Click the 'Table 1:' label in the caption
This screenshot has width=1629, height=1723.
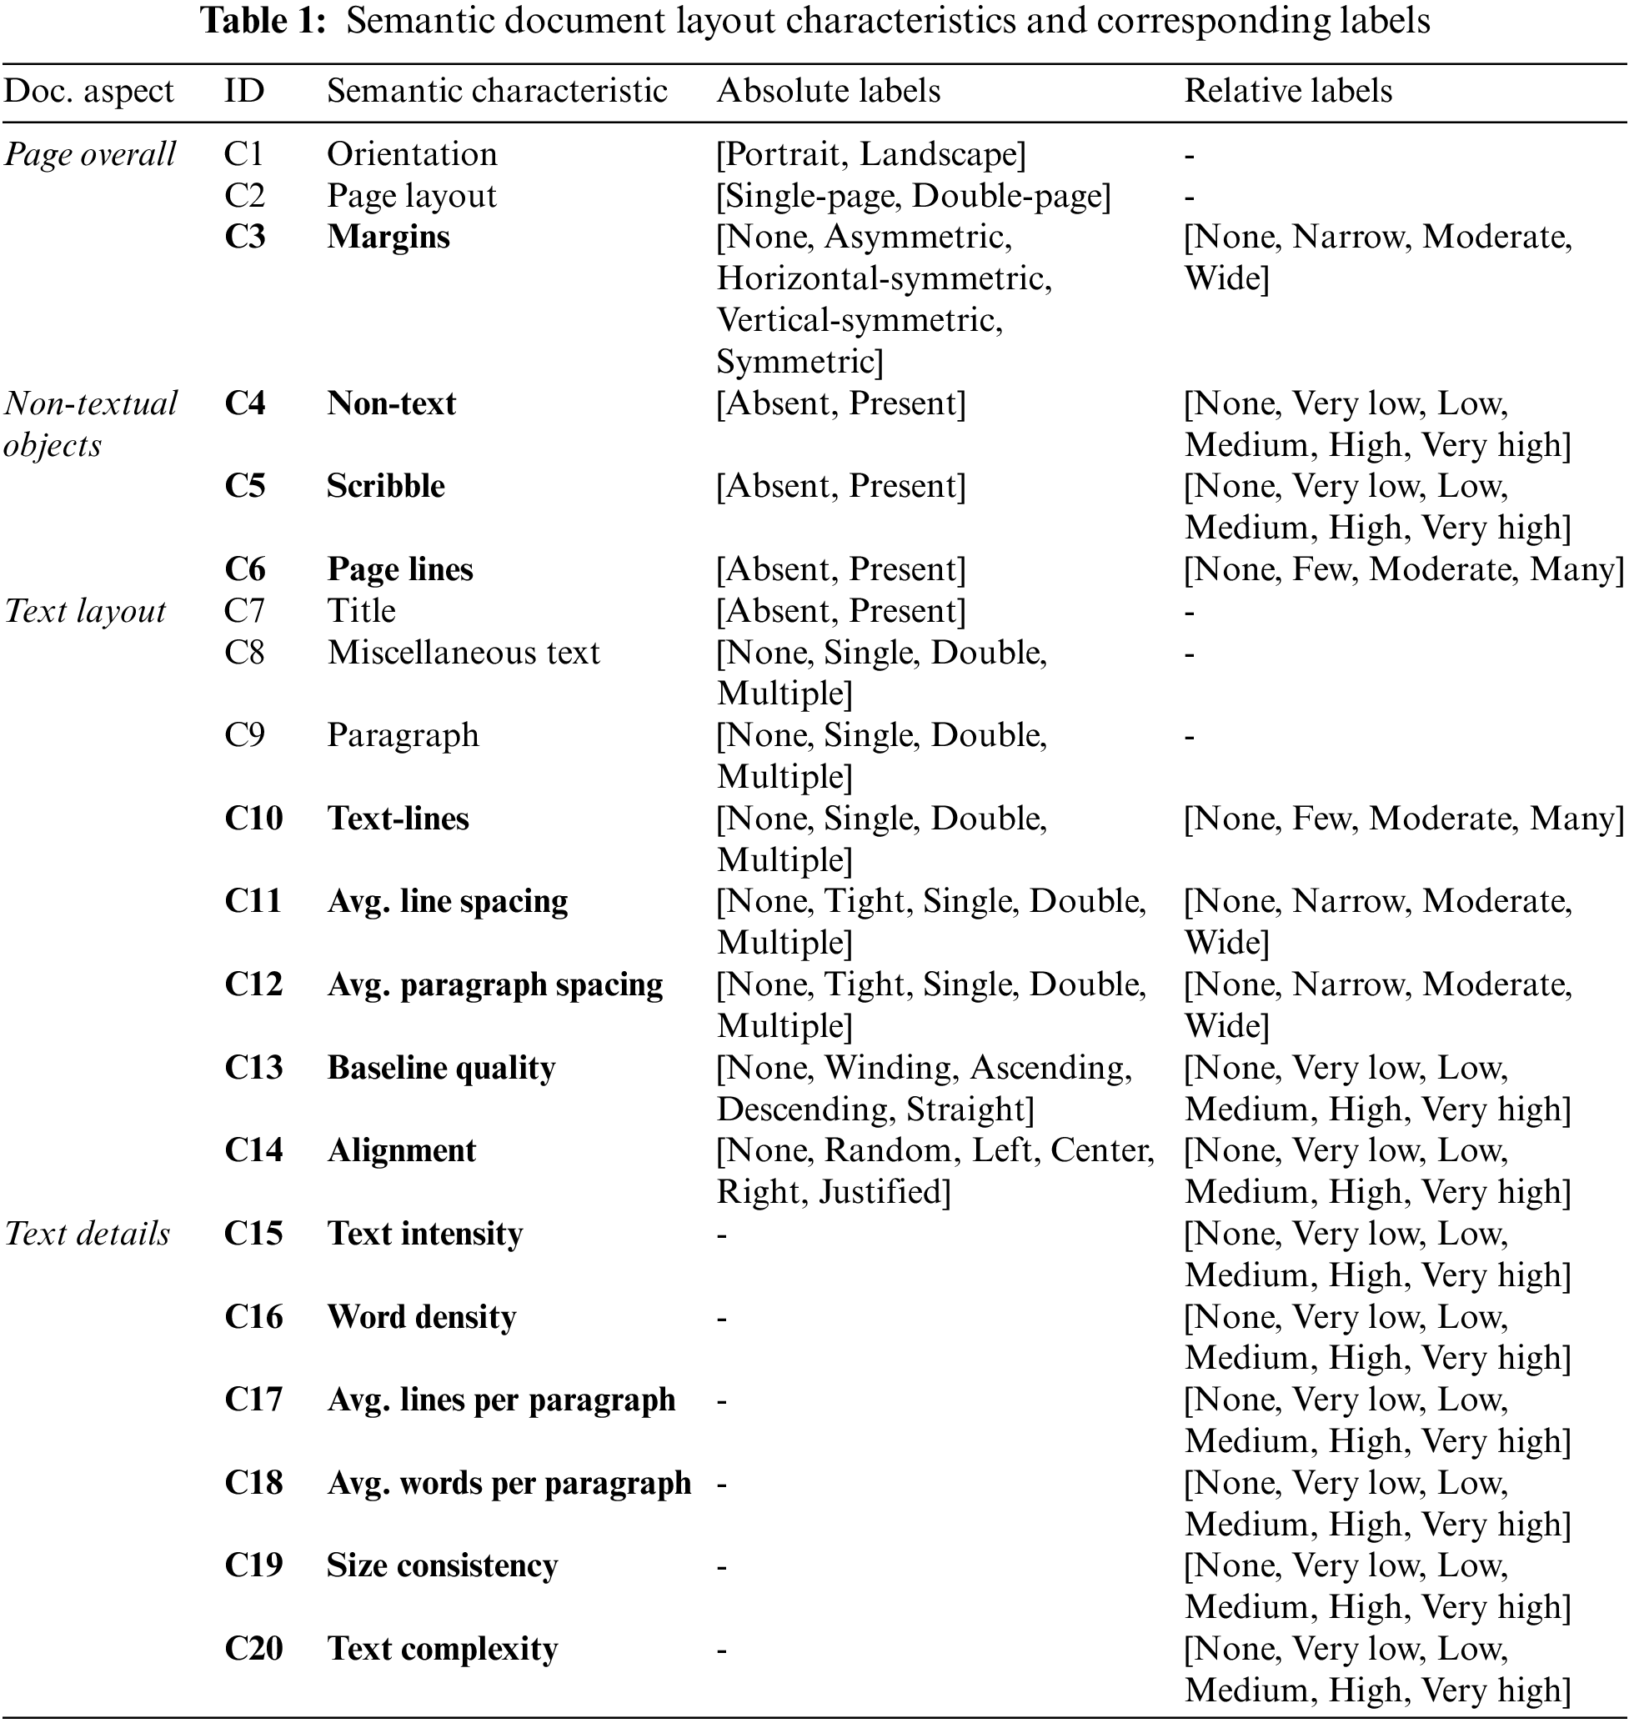(264, 20)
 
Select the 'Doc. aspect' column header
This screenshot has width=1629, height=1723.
(89, 91)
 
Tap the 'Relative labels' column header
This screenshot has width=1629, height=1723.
(1288, 91)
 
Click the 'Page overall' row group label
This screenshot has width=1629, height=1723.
(89, 154)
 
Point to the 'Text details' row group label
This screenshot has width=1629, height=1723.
(88, 1234)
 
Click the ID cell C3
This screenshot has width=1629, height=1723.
(244, 237)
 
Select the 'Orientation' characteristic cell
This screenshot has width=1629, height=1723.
(412, 154)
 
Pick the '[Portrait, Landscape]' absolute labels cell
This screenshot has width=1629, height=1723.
(871, 154)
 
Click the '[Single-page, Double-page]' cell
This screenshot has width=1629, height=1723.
(914, 196)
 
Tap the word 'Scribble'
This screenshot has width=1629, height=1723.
(385, 486)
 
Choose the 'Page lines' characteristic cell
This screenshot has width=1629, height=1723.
(399, 569)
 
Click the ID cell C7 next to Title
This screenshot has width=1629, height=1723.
(243, 611)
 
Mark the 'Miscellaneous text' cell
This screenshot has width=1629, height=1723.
(463, 653)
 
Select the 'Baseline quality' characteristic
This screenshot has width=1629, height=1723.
(441, 1068)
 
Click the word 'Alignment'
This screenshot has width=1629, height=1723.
(401, 1151)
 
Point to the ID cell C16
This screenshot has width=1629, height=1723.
(253, 1317)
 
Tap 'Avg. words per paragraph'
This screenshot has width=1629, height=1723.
(509, 1483)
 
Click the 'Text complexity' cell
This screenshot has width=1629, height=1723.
(442, 1648)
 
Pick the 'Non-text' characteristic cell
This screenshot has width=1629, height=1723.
(391, 403)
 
